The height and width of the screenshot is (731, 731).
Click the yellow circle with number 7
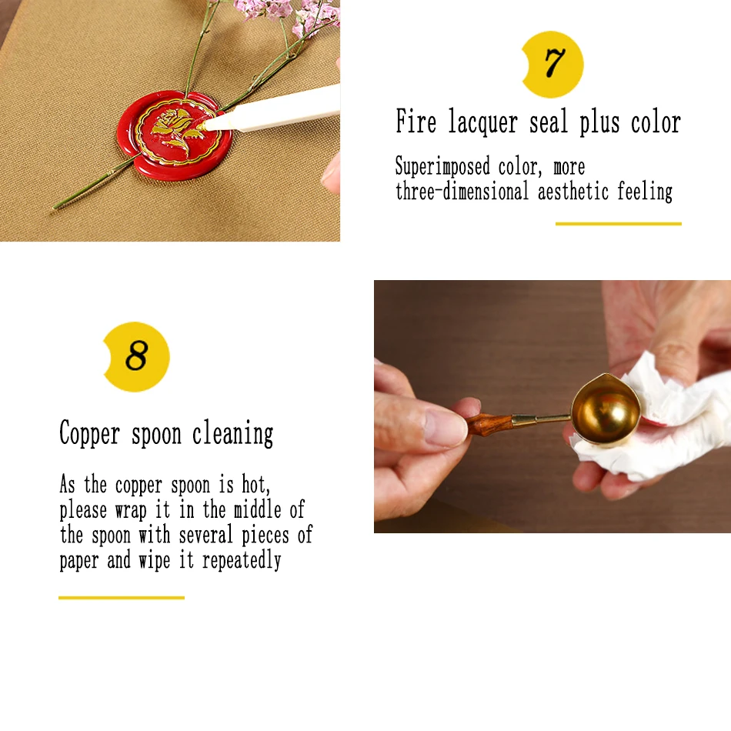tap(553, 65)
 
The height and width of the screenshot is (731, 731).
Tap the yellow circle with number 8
tap(136, 356)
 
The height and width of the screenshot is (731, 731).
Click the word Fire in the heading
tap(416, 122)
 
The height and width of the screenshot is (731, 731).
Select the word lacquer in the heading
tap(483, 122)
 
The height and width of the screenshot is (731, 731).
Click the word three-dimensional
tap(462, 191)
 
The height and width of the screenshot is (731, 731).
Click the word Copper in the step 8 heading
tap(89, 434)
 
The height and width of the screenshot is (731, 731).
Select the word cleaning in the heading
tap(232, 433)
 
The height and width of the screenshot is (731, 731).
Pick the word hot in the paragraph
tap(255, 485)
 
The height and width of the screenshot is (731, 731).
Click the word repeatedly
tap(242, 560)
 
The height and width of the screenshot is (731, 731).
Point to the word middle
tap(257, 509)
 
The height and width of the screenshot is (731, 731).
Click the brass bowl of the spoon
tap(605, 410)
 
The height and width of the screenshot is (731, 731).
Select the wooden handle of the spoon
tap(489, 423)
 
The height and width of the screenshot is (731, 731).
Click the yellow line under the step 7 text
tap(618, 224)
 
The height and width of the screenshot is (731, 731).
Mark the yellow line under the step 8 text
tap(122, 598)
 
